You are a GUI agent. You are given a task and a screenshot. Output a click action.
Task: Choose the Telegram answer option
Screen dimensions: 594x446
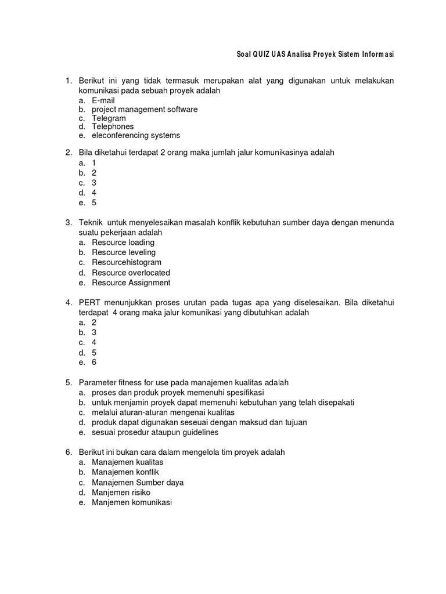pos(109,118)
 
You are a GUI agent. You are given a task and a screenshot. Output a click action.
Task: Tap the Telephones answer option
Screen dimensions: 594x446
pos(113,126)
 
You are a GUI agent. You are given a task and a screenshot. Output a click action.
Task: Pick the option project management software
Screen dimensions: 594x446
pos(145,109)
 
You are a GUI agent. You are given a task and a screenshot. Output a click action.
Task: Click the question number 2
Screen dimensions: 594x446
pos(67,152)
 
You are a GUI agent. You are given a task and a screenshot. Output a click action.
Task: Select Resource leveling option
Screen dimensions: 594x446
pos(124,252)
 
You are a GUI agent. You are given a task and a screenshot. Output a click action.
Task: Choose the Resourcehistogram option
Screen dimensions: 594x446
pos(127,262)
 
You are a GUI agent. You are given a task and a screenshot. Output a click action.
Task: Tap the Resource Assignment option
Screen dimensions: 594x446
pos(131,282)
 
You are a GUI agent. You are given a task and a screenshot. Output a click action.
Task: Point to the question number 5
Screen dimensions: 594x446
pos(67,383)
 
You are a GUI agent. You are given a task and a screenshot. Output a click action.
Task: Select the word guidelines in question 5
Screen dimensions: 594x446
pos(201,432)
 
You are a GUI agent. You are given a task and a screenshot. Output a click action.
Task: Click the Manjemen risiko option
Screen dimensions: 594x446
pos(121,492)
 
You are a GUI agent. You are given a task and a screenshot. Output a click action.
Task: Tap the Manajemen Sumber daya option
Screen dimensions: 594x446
pos(138,483)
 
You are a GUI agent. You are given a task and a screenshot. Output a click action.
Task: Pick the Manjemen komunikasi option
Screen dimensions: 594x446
pos(132,503)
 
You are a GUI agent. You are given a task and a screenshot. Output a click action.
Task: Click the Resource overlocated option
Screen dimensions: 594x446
pos(131,273)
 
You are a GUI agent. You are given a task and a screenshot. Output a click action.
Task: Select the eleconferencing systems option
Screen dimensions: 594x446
pos(136,135)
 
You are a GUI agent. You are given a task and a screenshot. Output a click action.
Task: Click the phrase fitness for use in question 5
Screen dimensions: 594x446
pos(139,383)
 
